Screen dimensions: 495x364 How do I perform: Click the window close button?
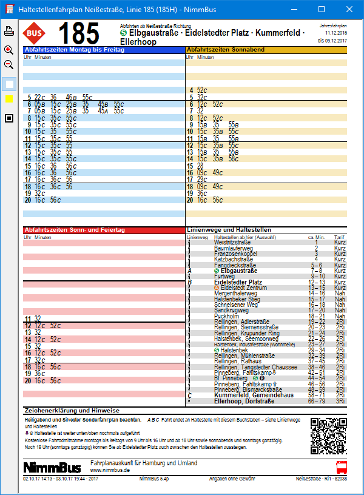tap(349, 10)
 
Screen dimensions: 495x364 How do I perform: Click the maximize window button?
tap(322, 10)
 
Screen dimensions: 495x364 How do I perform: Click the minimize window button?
tap(294, 10)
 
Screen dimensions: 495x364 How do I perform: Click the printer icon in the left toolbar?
tap(9, 31)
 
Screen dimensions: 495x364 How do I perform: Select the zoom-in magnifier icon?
tap(9, 50)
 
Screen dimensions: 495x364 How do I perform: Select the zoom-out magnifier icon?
tap(9, 64)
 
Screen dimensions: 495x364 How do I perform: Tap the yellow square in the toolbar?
tap(9, 99)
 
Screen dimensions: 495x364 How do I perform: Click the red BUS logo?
tap(34, 33)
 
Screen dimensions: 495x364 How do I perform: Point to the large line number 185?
tap(78, 33)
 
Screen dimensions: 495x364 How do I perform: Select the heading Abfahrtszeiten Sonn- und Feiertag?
tap(74, 231)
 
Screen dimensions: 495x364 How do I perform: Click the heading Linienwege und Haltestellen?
tap(229, 231)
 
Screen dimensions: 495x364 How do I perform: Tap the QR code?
tap(325, 433)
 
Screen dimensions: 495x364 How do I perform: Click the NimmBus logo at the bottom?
tap(52, 466)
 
